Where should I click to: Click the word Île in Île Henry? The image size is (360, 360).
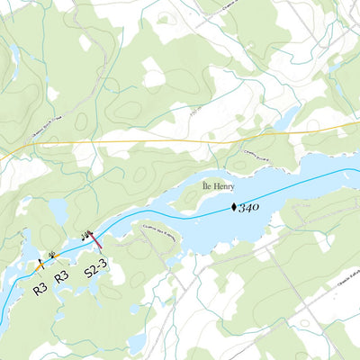pyautogui.click(x=207, y=188)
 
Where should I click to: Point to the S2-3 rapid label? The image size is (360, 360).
pyautogui.click(x=95, y=268)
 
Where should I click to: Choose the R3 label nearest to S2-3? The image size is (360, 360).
pyautogui.click(x=61, y=276)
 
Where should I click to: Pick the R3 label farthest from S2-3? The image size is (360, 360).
pyautogui.click(x=40, y=289)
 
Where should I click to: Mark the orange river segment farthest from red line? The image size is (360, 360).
pyautogui.click(x=39, y=266)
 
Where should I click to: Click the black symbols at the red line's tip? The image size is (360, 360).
pyautogui.click(x=86, y=234)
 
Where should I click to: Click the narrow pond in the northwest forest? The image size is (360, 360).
pyautogui.click(x=13, y=59)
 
